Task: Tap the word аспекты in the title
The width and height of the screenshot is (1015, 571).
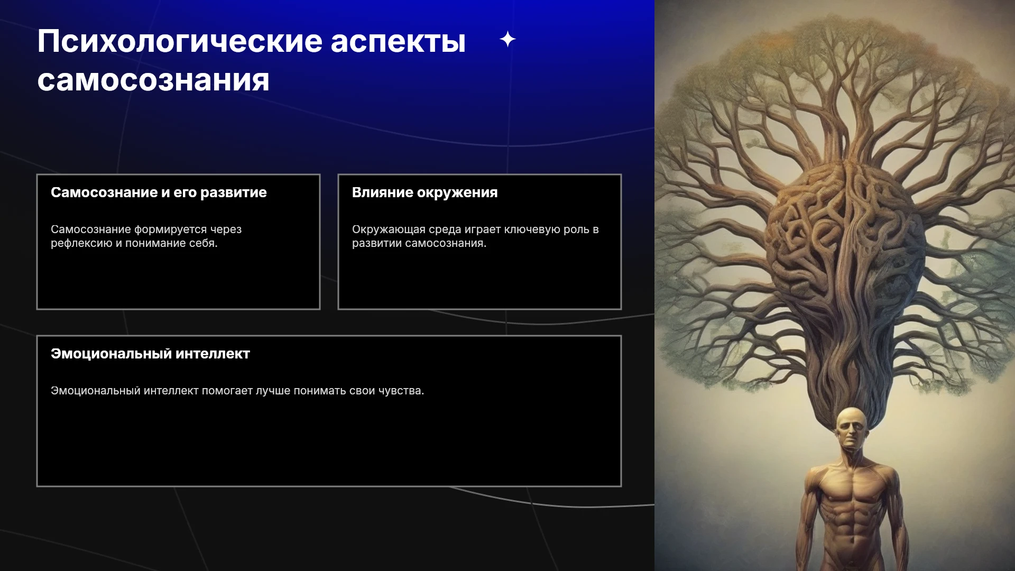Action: [x=398, y=42]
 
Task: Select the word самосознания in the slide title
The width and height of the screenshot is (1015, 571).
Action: [x=153, y=80]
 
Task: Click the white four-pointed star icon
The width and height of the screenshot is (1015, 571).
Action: [x=508, y=39]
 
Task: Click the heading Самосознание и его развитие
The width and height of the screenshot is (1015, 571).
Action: [x=159, y=192]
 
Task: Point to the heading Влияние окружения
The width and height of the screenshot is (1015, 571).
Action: [x=425, y=192]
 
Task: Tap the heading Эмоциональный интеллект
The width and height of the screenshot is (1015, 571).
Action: [x=150, y=354]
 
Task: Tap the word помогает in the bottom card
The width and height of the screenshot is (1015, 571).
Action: [x=227, y=391]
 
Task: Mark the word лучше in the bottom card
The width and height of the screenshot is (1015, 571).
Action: [x=273, y=391]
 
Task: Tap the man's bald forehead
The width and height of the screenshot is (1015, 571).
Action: [x=852, y=416]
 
